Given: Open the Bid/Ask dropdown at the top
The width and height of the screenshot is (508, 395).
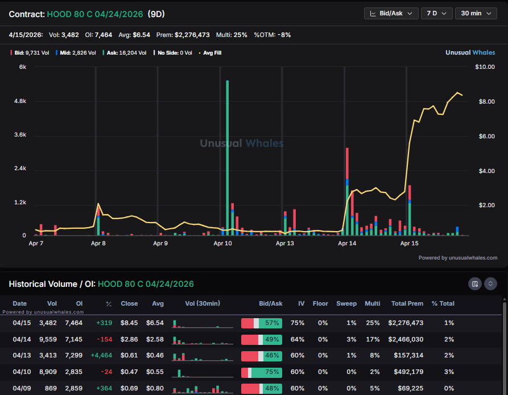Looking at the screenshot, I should coord(391,13).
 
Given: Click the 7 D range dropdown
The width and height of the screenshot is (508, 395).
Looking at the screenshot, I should coord(436,13).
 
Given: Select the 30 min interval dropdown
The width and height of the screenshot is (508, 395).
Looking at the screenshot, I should coord(476,13).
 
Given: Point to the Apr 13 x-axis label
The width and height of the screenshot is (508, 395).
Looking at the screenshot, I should coord(285,243).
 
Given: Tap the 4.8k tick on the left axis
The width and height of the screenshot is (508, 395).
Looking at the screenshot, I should coord(20,101).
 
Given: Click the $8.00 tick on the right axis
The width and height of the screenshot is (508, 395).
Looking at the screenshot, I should coord(485,102).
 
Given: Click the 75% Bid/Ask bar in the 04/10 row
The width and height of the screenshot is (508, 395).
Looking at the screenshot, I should coord(262,372).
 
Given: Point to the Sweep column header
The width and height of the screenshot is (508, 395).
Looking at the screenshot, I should coord(346,303).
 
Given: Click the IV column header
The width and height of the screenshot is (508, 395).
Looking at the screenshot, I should coord(301,303).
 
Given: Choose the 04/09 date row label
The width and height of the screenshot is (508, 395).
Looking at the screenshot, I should coord(20,388).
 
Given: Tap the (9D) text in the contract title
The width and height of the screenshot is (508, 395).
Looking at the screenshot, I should coord(156,13).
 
